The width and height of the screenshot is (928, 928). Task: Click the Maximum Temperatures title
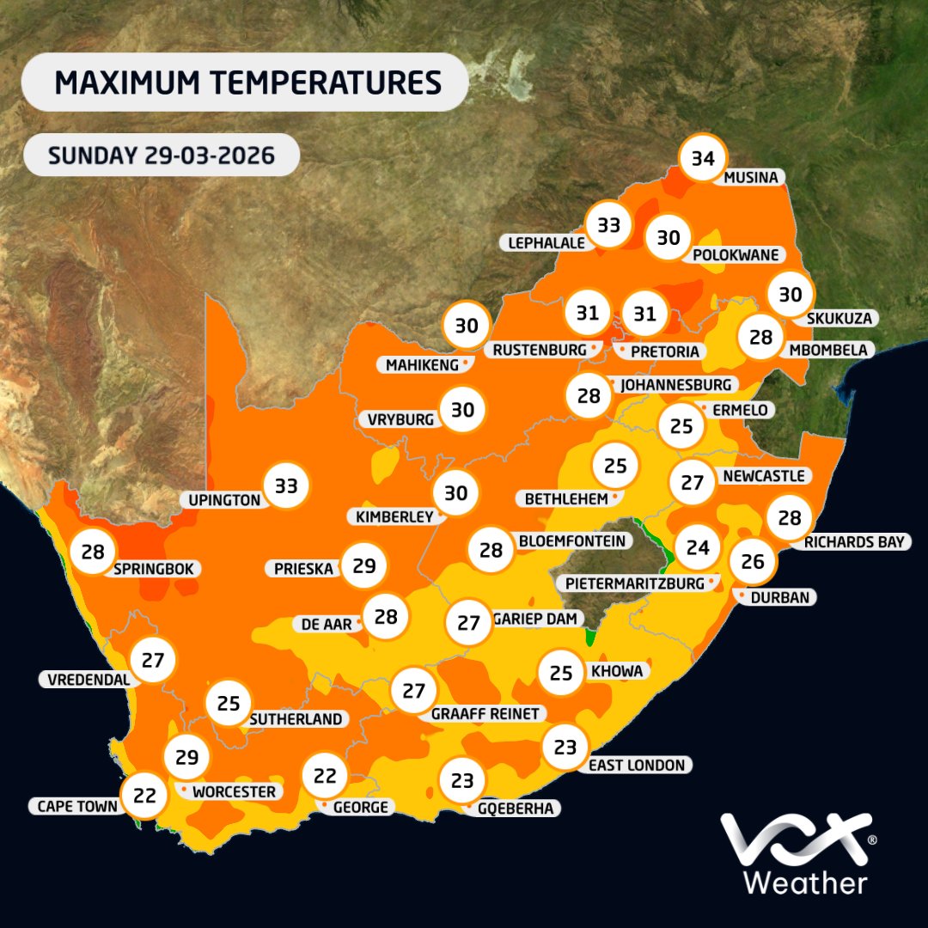pyautogui.click(x=247, y=83)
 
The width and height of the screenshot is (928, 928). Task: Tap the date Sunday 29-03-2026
pyautogui.click(x=161, y=156)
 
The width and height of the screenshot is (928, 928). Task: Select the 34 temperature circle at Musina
pyautogui.click(x=703, y=159)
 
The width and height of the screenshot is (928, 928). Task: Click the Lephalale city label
pyautogui.click(x=546, y=243)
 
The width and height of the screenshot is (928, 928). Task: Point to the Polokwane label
pyautogui.click(x=736, y=254)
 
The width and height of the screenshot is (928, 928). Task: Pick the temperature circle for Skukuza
pyautogui.click(x=790, y=295)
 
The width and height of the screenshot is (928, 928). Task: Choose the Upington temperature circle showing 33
pyautogui.click(x=286, y=486)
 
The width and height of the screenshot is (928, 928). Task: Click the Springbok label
pyautogui.click(x=156, y=568)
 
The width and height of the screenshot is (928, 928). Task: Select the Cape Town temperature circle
pyautogui.click(x=144, y=796)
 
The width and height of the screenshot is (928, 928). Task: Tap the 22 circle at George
pyautogui.click(x=325, y=777)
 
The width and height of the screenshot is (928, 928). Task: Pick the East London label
pyautogui.click(x=637, y=765)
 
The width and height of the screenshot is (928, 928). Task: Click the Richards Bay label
pyautogui.click(x=854, y=542)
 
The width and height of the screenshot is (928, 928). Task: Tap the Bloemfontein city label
pyautogui.click(x=571, y=541)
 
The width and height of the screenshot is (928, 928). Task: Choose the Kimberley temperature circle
pyautogui.click(x=455, y=493)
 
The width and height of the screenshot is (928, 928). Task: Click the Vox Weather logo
pyautogui.click(x=795, y=854)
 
